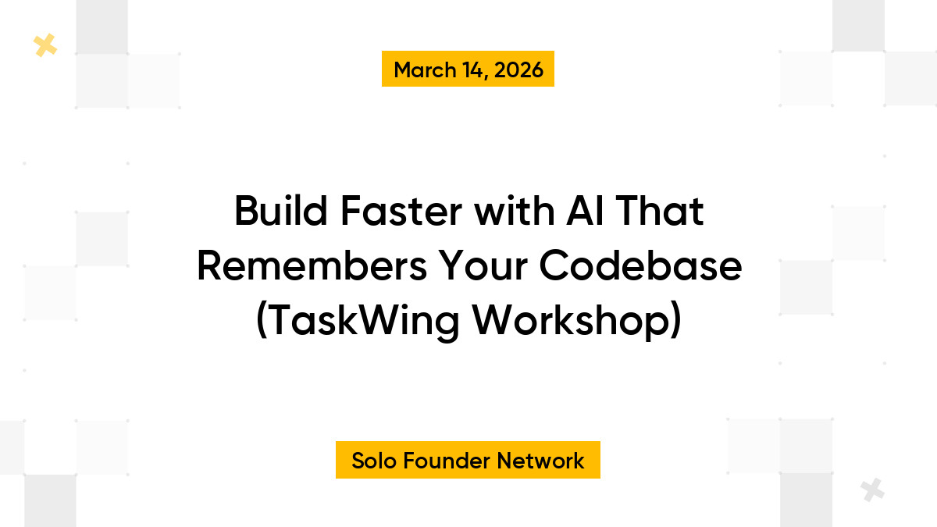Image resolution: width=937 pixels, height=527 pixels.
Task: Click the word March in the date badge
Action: click(424, 69)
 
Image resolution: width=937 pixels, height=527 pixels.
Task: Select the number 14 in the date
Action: click(469, 69)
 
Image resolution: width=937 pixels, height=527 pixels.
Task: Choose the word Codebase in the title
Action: click(640, 267)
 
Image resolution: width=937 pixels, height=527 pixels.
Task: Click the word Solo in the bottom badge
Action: click(374, 461)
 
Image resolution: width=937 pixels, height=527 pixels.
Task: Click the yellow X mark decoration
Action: click(45, 46)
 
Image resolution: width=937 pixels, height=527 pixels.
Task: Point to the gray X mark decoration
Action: click(872, 490)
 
